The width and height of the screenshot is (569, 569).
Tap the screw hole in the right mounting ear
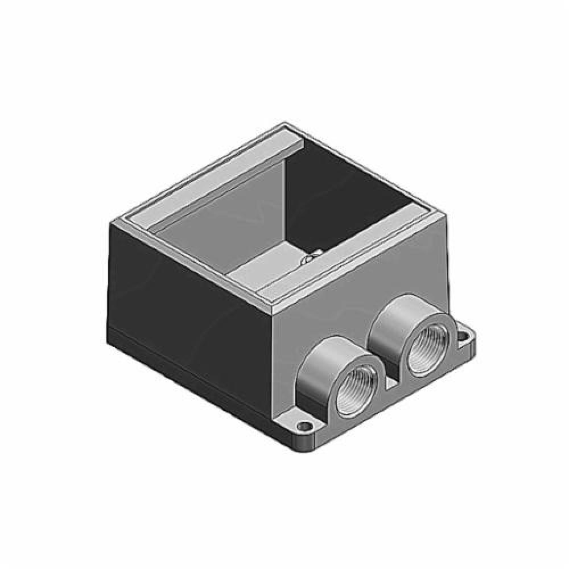click(x=463, y=337)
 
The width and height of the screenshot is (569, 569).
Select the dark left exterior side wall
click(x=188, y=284)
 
